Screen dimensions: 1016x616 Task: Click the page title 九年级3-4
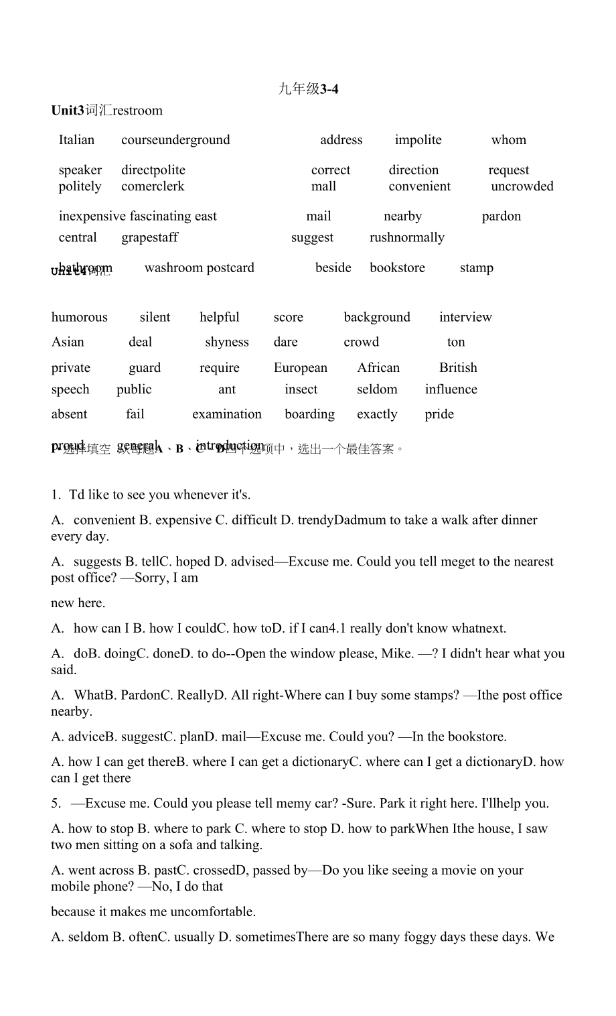coord(308,88)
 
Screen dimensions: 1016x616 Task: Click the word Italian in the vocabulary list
coord(76,140)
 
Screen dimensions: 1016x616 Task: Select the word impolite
coord(418,140)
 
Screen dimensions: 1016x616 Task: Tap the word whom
coord(508,140)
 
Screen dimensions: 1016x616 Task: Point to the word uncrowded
coord(522,186)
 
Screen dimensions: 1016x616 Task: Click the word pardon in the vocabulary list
coord(501,216)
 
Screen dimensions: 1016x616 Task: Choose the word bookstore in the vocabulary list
coord(397,268)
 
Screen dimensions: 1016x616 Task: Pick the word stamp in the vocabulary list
coord(476,268)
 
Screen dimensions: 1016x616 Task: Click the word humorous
coord(79,318)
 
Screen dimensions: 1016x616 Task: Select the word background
coord(377,318)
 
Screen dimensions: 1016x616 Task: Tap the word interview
coord(465,318)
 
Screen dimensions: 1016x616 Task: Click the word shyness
coord(226,342)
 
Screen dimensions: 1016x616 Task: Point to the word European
coord(301,368)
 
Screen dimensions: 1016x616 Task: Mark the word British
coord(458,368)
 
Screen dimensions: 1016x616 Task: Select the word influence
coord(451,389)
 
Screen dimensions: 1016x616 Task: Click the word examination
coord(226,414)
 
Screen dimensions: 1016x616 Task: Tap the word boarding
coord(309,414)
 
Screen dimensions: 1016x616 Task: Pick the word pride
coord(439,414)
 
